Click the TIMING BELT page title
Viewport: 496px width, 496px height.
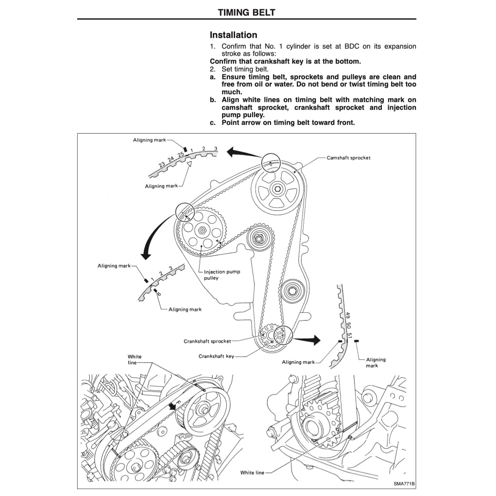246,12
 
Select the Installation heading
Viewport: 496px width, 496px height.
233,35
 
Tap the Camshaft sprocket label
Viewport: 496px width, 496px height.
348,158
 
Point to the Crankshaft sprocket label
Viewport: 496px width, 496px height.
207,341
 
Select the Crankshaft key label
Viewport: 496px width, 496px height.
216,356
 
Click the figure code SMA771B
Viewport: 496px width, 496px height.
404,484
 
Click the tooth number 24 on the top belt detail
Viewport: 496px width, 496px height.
171,159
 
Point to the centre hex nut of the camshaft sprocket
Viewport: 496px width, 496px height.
276,189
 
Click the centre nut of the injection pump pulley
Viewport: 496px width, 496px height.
201,231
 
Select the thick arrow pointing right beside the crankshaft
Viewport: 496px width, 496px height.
308,340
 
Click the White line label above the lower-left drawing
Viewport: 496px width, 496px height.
135,359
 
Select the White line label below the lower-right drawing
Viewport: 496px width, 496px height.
253,473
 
